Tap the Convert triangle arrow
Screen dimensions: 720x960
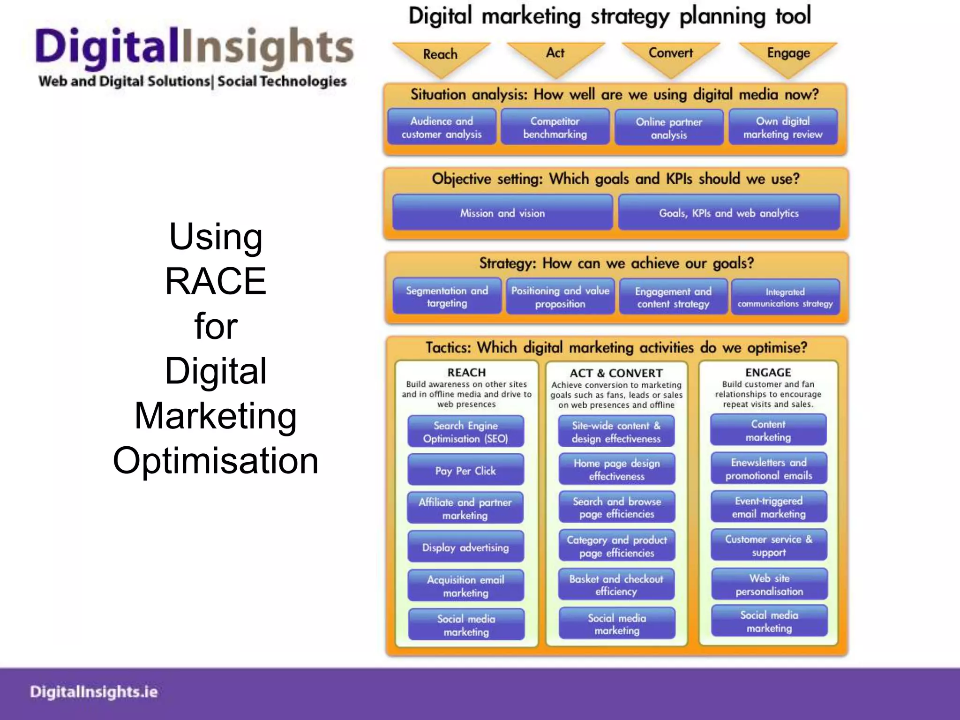(x=671, y=56)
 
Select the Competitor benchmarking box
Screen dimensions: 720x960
(x=555, y=127)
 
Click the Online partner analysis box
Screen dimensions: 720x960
(x=669, y=128)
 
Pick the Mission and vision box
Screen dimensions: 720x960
(x=502, y=213)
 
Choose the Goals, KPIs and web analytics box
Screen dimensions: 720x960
(x=728, y=213)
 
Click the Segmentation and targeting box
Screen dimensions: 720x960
(x=447, y=297)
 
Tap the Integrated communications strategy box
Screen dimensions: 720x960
(x=785, y=298)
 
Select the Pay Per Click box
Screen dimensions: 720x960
(x=465, y=471)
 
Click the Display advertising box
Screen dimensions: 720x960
(x=465, y=547)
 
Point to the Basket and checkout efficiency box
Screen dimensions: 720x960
(x=616, y=585)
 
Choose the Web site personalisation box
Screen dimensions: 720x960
(x=769, y=585)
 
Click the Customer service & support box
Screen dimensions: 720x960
(x=769, y=546)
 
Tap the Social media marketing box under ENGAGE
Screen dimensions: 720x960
(x=769, y=622)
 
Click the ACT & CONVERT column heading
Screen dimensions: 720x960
(x=616, y=373)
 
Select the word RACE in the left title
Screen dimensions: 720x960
(x=216, y=281)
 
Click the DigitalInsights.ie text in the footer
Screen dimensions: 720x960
(x=94, y=692)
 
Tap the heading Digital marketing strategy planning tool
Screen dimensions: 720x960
(x=609, y=16)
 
